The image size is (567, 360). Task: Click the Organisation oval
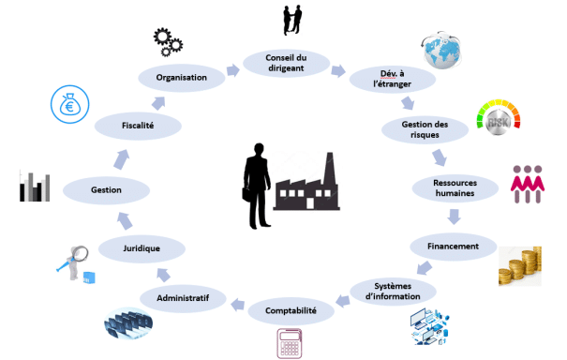point(182,78)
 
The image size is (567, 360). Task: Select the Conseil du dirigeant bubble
point(286,63)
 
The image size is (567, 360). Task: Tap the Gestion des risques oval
point(425,129)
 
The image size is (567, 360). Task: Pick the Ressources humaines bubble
point(455,188)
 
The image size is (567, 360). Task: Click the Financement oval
point(453,247)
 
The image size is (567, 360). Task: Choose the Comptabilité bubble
point(291,311)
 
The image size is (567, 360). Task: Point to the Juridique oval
point(142,248)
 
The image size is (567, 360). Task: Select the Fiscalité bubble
point(138,126)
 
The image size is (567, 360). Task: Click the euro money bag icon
point(69,104)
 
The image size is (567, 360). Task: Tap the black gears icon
point(168,42)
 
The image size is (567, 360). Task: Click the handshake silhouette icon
point(292,20)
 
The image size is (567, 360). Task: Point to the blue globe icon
point(441,50)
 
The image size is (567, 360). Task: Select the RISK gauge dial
point(499,117)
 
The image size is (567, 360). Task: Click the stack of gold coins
point(520,266)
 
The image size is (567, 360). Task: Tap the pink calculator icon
point(290,343)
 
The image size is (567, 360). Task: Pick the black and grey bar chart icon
point(35,187)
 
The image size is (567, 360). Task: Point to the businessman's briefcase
point(247,193)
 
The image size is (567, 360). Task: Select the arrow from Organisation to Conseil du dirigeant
point(233,70)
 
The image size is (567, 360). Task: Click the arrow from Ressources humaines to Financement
point(454,217)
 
